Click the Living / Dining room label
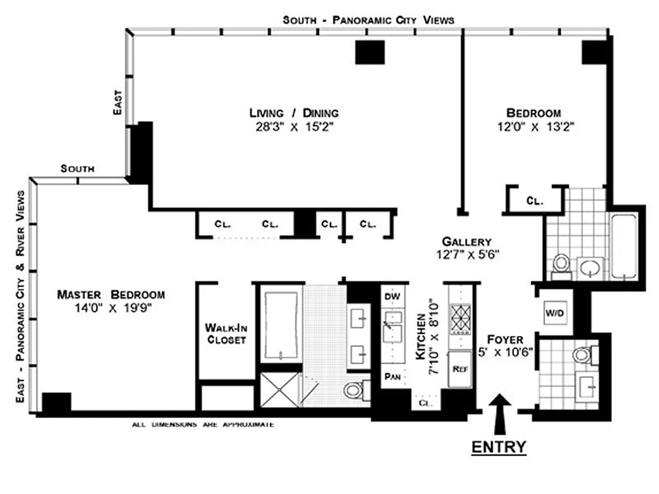294,113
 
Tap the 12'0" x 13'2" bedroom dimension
533,128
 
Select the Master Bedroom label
111,295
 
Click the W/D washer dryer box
554,314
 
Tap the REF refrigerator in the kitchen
459,369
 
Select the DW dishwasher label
392,297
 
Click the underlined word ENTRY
499,446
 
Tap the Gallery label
467,241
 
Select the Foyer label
505,340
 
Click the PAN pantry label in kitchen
390,375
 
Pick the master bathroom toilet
354,390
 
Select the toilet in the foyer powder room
582,355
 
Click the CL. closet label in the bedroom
534,201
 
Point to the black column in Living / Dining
370,52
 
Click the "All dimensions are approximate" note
203,425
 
